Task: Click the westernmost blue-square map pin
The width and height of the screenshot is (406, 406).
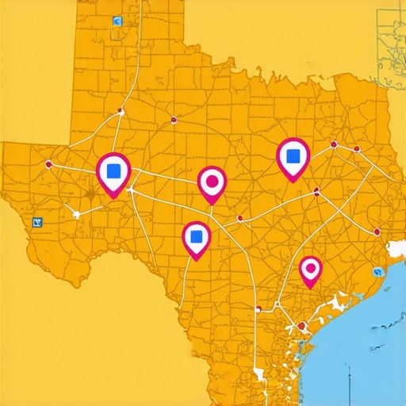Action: [x=113, y=171]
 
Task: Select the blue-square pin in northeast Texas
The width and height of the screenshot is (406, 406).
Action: [x=293, y=156]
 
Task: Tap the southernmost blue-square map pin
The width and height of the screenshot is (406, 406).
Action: [x=196, y=238]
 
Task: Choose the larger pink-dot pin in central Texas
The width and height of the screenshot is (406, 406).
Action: [x=211, y=183]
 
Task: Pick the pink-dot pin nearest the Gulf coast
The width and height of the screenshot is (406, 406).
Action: [x=310, y=271]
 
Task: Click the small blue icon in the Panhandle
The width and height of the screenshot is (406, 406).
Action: [x=118, y=21]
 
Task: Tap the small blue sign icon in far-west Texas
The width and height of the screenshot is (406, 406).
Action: [x=36, y=224]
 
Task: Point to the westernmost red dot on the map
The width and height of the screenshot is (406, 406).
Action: [x=49, y=164]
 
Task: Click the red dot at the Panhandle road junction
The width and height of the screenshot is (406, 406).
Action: [x=120, y=110]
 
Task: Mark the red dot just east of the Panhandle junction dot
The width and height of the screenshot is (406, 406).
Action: [x=174, y=121]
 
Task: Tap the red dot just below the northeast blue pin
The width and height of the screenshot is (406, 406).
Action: [x=316, y=191]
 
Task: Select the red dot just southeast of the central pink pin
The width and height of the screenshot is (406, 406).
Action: [x=239, y=218]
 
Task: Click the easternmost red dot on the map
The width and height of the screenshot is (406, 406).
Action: [x=376, y=232]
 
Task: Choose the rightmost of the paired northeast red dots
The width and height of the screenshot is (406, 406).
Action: [x=357, y=149]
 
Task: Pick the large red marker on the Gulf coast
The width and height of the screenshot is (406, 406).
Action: [x=301, y=326]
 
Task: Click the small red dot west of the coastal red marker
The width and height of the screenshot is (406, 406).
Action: [x=258, y=309]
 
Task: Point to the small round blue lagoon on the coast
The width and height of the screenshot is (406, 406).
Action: [x=369, y=271]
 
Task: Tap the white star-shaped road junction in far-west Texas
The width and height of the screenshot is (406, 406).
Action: [x=76, y=213]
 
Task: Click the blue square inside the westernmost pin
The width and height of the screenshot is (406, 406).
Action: [x=113, y=170]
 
